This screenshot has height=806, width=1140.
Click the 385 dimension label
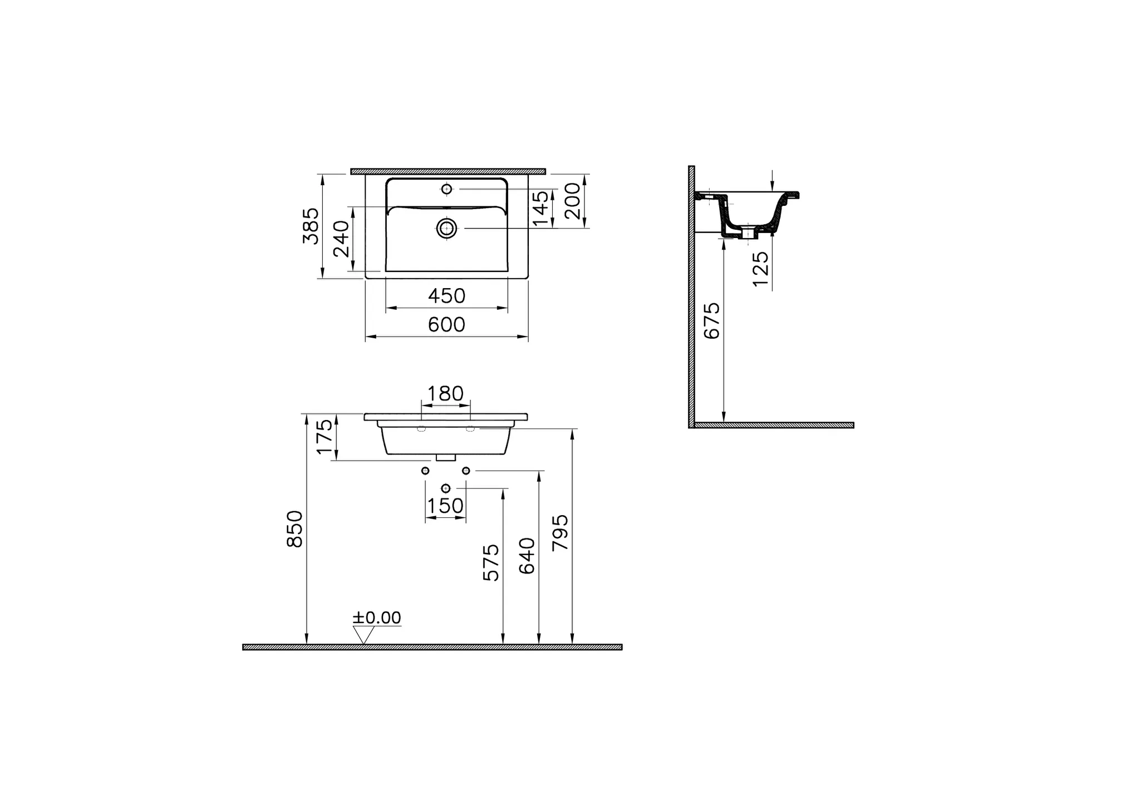(x=311, y=226)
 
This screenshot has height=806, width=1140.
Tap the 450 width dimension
(x=446, y=296)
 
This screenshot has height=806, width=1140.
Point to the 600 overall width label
(x=446, y=325)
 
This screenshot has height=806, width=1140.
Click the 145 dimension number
(x=541, y=209)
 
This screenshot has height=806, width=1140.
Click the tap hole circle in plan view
(x=446, y=189)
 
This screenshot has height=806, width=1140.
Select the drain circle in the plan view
(x=446, y=228)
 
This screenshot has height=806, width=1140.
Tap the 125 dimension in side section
(x=760, y=269)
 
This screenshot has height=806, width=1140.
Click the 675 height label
(x=712, y=321)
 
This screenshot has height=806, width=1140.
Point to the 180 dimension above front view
(x=445, y=394)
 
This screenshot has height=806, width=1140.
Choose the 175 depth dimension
(x=324, y=437)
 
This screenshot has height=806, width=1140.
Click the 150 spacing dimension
(x=445, y=506)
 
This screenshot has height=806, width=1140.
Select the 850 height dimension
(x=294, y=529)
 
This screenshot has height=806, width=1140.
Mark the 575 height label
(x=491, y=563)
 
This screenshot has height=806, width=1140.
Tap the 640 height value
(x=527, y=556)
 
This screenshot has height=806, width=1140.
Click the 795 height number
(x=561, y=533)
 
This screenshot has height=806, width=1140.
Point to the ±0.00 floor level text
(x=377, y=618)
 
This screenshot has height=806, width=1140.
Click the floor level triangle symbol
(x=363, y=635)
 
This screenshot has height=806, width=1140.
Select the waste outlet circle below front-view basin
(x=445, y=488)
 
